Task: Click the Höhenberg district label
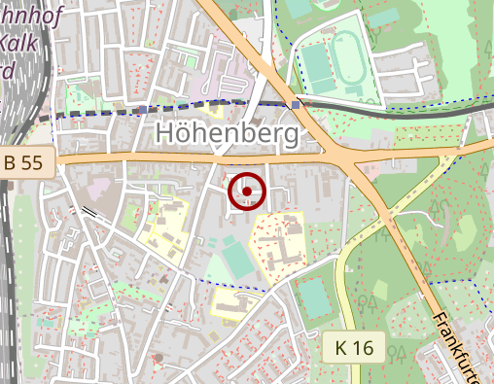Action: (227, 134)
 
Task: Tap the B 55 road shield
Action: (22, 162)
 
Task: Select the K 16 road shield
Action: (355, 347)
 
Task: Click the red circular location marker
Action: (247, 191)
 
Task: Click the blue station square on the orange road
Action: (296, 103)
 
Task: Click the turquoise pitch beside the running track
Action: (317, 63)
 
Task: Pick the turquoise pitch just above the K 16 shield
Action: (313, 296)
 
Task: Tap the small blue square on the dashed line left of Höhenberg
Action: (143, 110)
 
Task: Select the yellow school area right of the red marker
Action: (276, 245)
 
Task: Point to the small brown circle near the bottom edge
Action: (158, 358)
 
